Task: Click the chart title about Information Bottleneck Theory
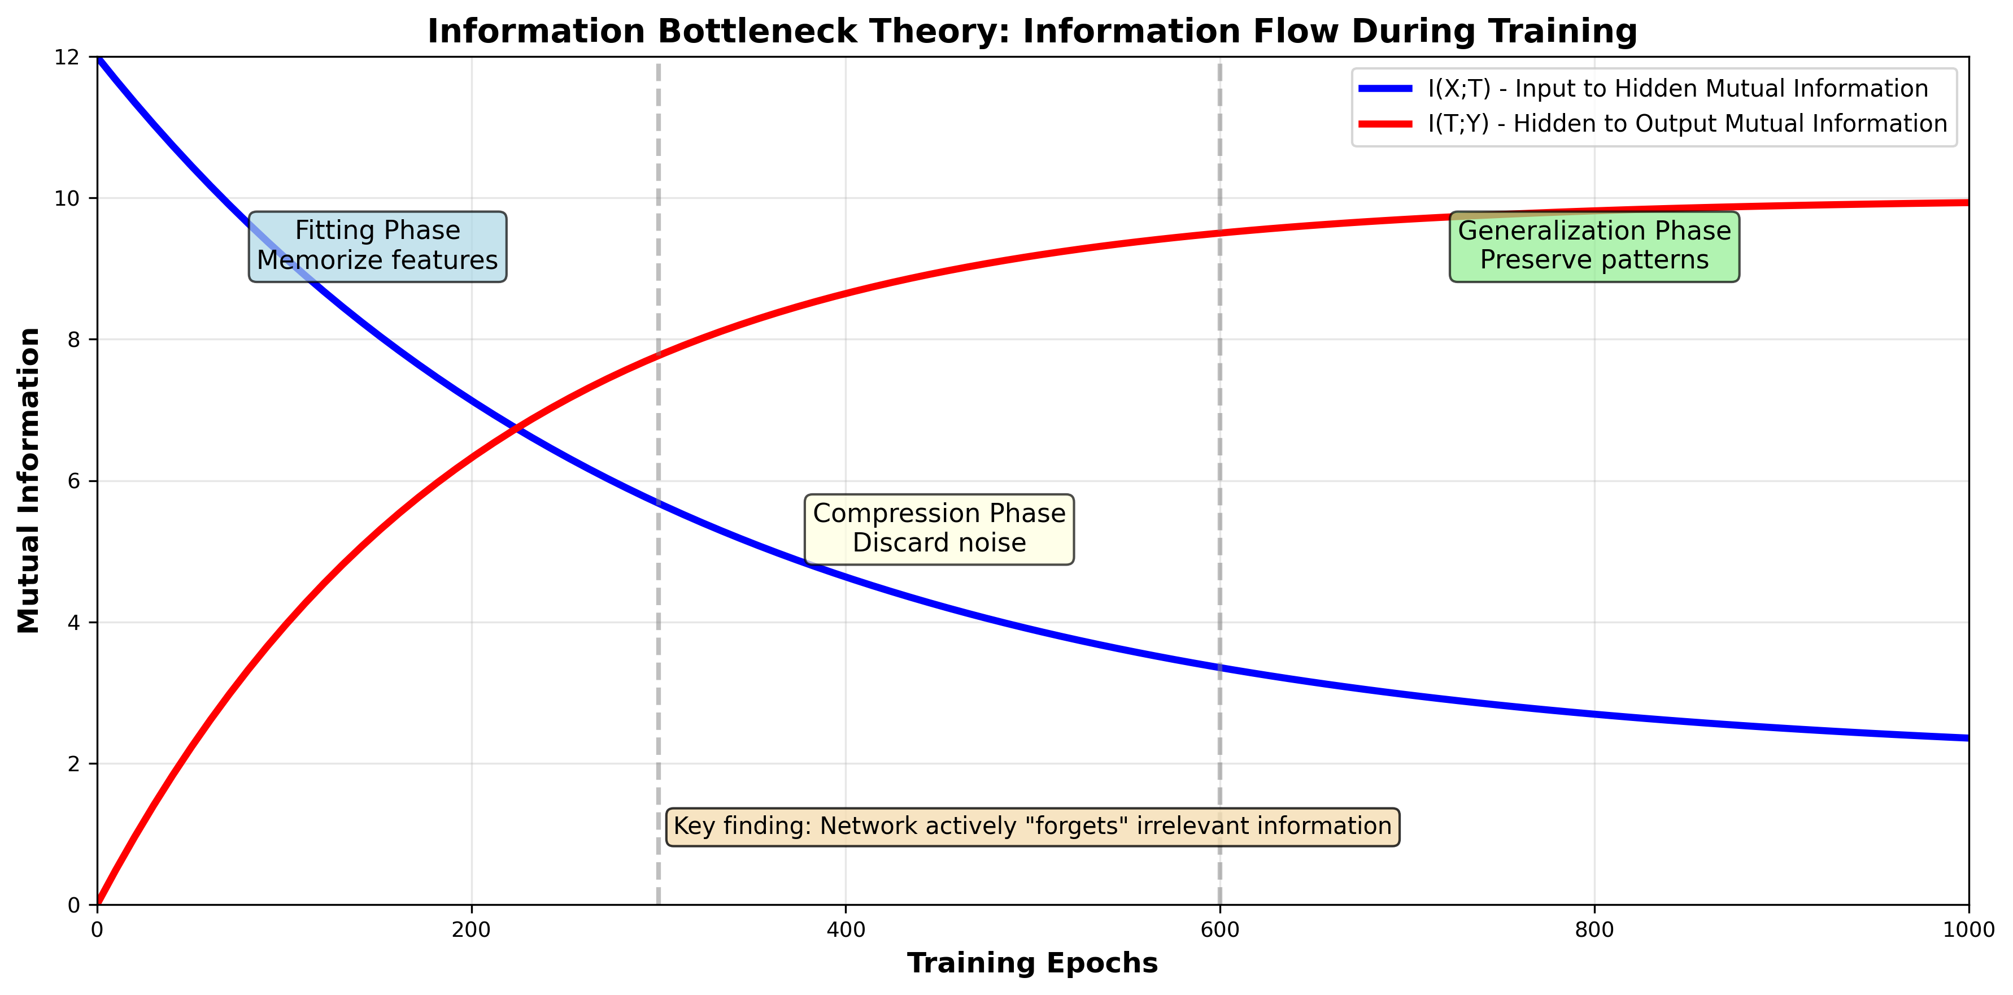pyautogui.click(x=1031, y=31)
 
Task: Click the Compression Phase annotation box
pyautogui.click(x=939, y=528)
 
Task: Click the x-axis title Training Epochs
pyautogui.click(x=1031, y=963)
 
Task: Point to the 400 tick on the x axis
pyautogui.click(x=846, y=929)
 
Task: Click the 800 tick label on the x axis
pyautogui.click(x=1594, y=929)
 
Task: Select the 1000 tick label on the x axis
pyautogui.click(x=1968, y=929)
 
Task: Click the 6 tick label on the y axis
pyautogui.click(x=74, y=481)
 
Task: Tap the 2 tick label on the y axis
pyautogui.click(x=74, y=764)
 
